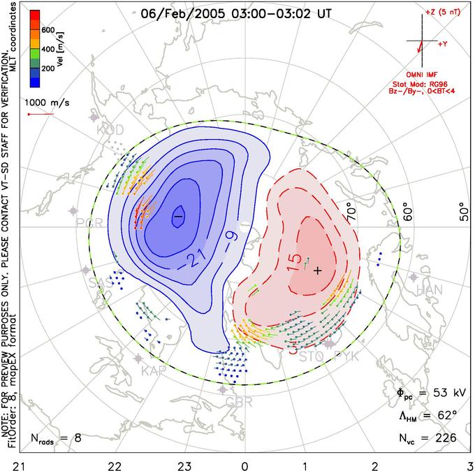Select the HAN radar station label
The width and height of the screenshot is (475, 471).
tap(429, 289)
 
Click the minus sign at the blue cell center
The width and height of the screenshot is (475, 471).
tap(178, 217)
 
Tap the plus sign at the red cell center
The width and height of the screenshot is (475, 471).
tap(318, 270)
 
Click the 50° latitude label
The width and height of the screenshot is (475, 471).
tap(462, 211)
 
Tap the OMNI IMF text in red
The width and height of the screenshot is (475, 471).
tap(427, 74)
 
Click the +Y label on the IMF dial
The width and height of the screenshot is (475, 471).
tap(443, 44)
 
